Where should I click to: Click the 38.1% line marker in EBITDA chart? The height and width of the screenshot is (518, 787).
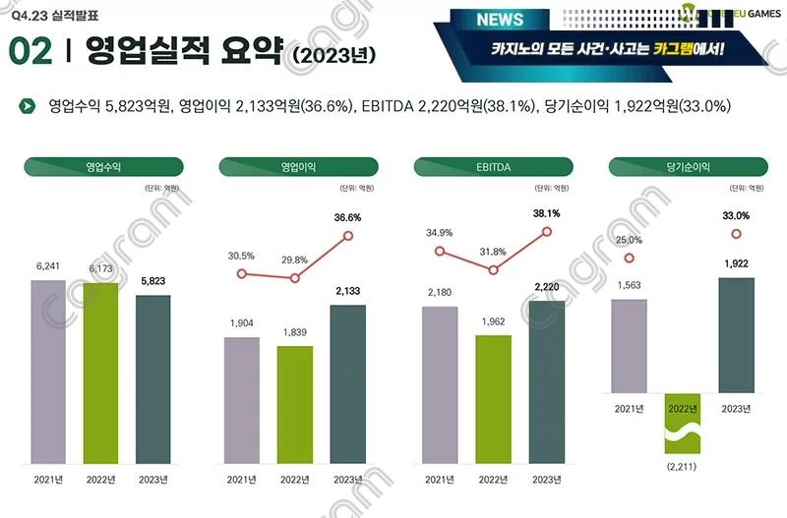pyautogui.click(x=548, y=232)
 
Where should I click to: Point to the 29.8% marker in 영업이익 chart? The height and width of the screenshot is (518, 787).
pyautogui.click(x=294, y=278)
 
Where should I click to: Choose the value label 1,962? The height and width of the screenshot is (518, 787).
pyautogui.click(x=493, y=320)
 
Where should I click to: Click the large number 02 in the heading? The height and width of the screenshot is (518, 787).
pyautogui.click(x=31, y=51)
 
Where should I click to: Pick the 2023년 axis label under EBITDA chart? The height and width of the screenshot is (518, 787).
pyautogui.click(x=547, y=479)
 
